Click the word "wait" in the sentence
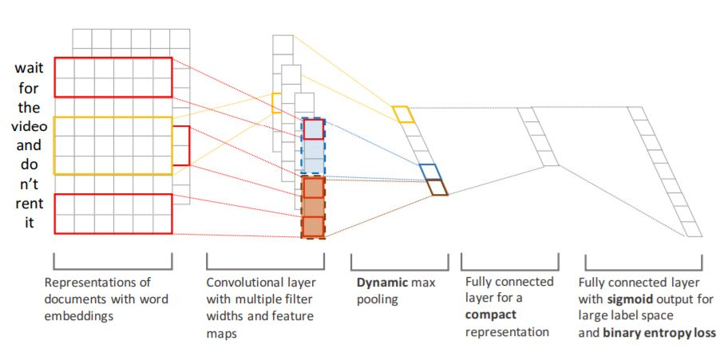coord(30,69)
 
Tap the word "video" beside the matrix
coord(30,128)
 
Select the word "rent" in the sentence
coord(30,204)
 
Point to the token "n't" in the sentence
coord(30,185)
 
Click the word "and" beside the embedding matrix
coord(30,147)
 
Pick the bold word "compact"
coord(490,315)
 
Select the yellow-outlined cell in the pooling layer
coord(404,114)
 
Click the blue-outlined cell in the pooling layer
coord(429,172)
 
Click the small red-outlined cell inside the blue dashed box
coord(313,129)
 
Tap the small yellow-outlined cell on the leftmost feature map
coord(276,103)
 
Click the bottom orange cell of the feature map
coord(313,227)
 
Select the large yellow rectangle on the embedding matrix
coord(113,145)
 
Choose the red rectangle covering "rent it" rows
coord(113,214)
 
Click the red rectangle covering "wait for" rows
coord(113,77)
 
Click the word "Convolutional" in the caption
coord(243,283)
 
